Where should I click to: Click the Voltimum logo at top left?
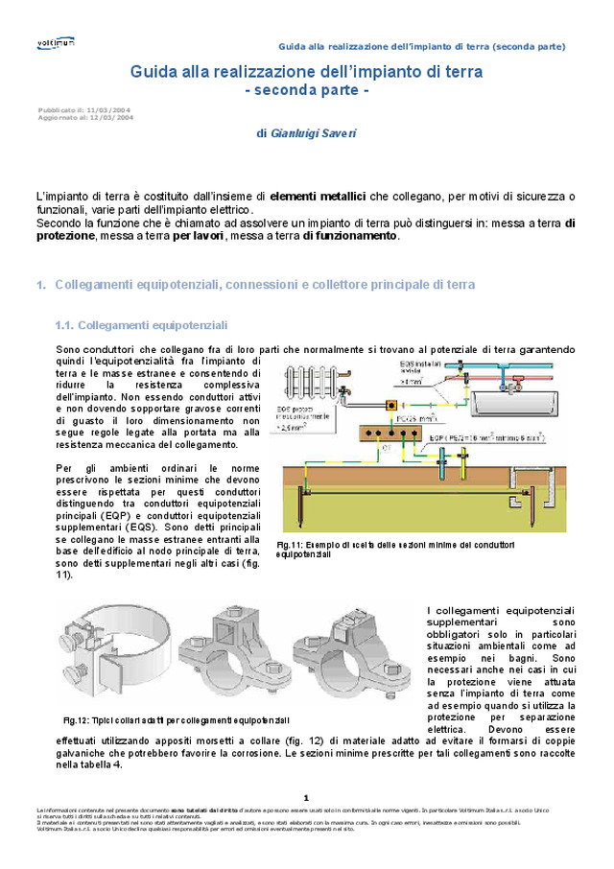click(x=56, y=43)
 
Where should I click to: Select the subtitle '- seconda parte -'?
click(x=306, y=90)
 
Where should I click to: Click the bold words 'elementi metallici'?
click(x=318, y=196)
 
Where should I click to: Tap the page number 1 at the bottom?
click(x=306, y=797)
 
